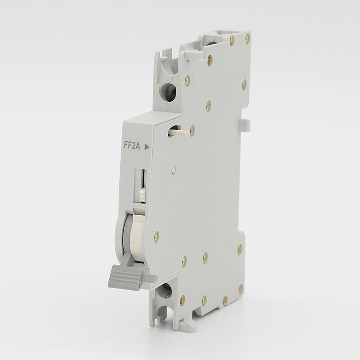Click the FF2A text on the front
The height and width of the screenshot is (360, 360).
coord(132,146)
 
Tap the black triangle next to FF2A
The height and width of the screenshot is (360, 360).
coord(147,147)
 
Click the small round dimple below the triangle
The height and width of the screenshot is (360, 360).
coord(174,170)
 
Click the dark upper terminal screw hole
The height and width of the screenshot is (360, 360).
coord(170,92)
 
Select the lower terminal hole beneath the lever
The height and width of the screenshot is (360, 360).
coord(166,290)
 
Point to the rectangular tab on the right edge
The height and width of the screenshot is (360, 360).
coord(246,125)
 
